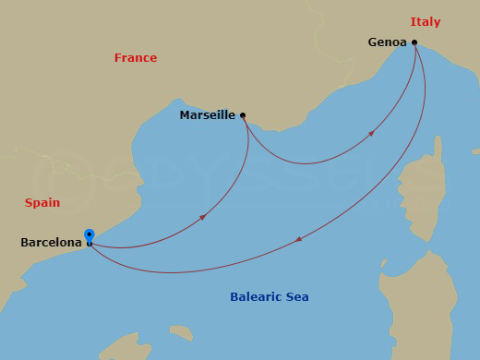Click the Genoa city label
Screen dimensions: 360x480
(x=387, y=42)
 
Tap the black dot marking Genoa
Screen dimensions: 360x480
(x=414, y=42)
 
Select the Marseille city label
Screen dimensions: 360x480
(x=207, y=115)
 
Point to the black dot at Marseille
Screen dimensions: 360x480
(x=243, y=115)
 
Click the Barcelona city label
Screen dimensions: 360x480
(x=51, y=243)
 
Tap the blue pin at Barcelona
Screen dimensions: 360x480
(x=89, y=235)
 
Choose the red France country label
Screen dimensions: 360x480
(x=136, y=58)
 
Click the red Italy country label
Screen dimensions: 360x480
(x=426, y=22)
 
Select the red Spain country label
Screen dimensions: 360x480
(x=42, y=203)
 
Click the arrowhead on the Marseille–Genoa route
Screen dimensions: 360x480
(x=371, y=134)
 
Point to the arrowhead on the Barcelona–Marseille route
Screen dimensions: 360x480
(x=202, y=218)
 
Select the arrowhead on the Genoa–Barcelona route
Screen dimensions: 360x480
(x=298, y=239)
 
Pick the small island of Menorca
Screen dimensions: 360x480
(x=181, y=331)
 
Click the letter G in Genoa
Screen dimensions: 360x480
(x=372, y=42)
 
